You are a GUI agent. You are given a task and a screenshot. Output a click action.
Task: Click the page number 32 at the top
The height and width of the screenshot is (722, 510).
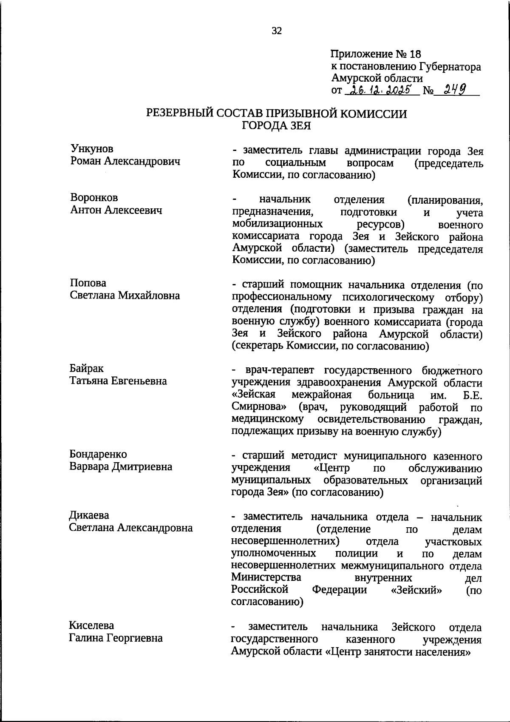[277, 31]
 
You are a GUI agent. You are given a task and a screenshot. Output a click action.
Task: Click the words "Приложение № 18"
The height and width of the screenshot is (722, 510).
[375, 54]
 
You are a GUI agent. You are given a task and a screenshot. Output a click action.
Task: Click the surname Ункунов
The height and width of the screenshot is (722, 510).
[92, 149]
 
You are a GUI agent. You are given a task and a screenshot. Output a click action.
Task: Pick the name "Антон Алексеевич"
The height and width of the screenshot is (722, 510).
[116, 210]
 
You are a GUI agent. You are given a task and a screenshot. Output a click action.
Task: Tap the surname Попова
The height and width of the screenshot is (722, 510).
[88, 283]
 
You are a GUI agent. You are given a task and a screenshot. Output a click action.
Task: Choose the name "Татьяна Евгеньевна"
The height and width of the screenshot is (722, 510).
[118, 381]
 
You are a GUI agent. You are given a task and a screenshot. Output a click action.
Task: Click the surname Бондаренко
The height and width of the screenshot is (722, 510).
[98, 455]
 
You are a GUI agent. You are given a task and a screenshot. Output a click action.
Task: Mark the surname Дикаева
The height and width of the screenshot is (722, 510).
[89, 515]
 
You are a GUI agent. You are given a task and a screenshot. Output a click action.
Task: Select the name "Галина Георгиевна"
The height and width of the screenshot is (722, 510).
[116, 638]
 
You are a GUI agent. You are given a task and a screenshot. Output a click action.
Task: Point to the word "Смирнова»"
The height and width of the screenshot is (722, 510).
[259, 407]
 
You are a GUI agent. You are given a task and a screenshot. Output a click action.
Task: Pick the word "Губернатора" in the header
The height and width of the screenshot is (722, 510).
[450, 67]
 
